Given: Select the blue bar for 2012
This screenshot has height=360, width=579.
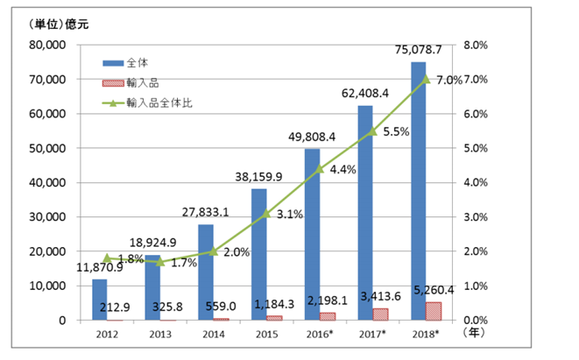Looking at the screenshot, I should pyautogui.click(x=99, y=300).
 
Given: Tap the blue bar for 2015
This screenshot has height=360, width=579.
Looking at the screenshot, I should pyautogui.click(x=258, y=254).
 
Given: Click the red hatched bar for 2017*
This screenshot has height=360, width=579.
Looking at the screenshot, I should pyautogui.click(x=381, y=314).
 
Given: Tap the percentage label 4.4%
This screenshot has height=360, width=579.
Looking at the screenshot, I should pyautogui.click(x=342, y=170).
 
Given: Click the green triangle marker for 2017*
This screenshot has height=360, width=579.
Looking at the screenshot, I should pyautogui.click(x=372, y=131).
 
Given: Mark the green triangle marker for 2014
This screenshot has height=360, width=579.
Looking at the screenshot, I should pyautogui.click(x=213, y=251).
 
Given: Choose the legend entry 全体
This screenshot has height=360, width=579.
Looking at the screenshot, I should pyautogui.click(x=128, y=63).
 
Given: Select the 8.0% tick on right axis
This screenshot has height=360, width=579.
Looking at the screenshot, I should pyautogui.click(x=476, y=45).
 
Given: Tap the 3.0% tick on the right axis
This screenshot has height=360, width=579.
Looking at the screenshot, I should pyautogui.click(x=476, y=217).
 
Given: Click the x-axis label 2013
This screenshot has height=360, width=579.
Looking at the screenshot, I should pyautogui.click(x=159, y=334).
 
